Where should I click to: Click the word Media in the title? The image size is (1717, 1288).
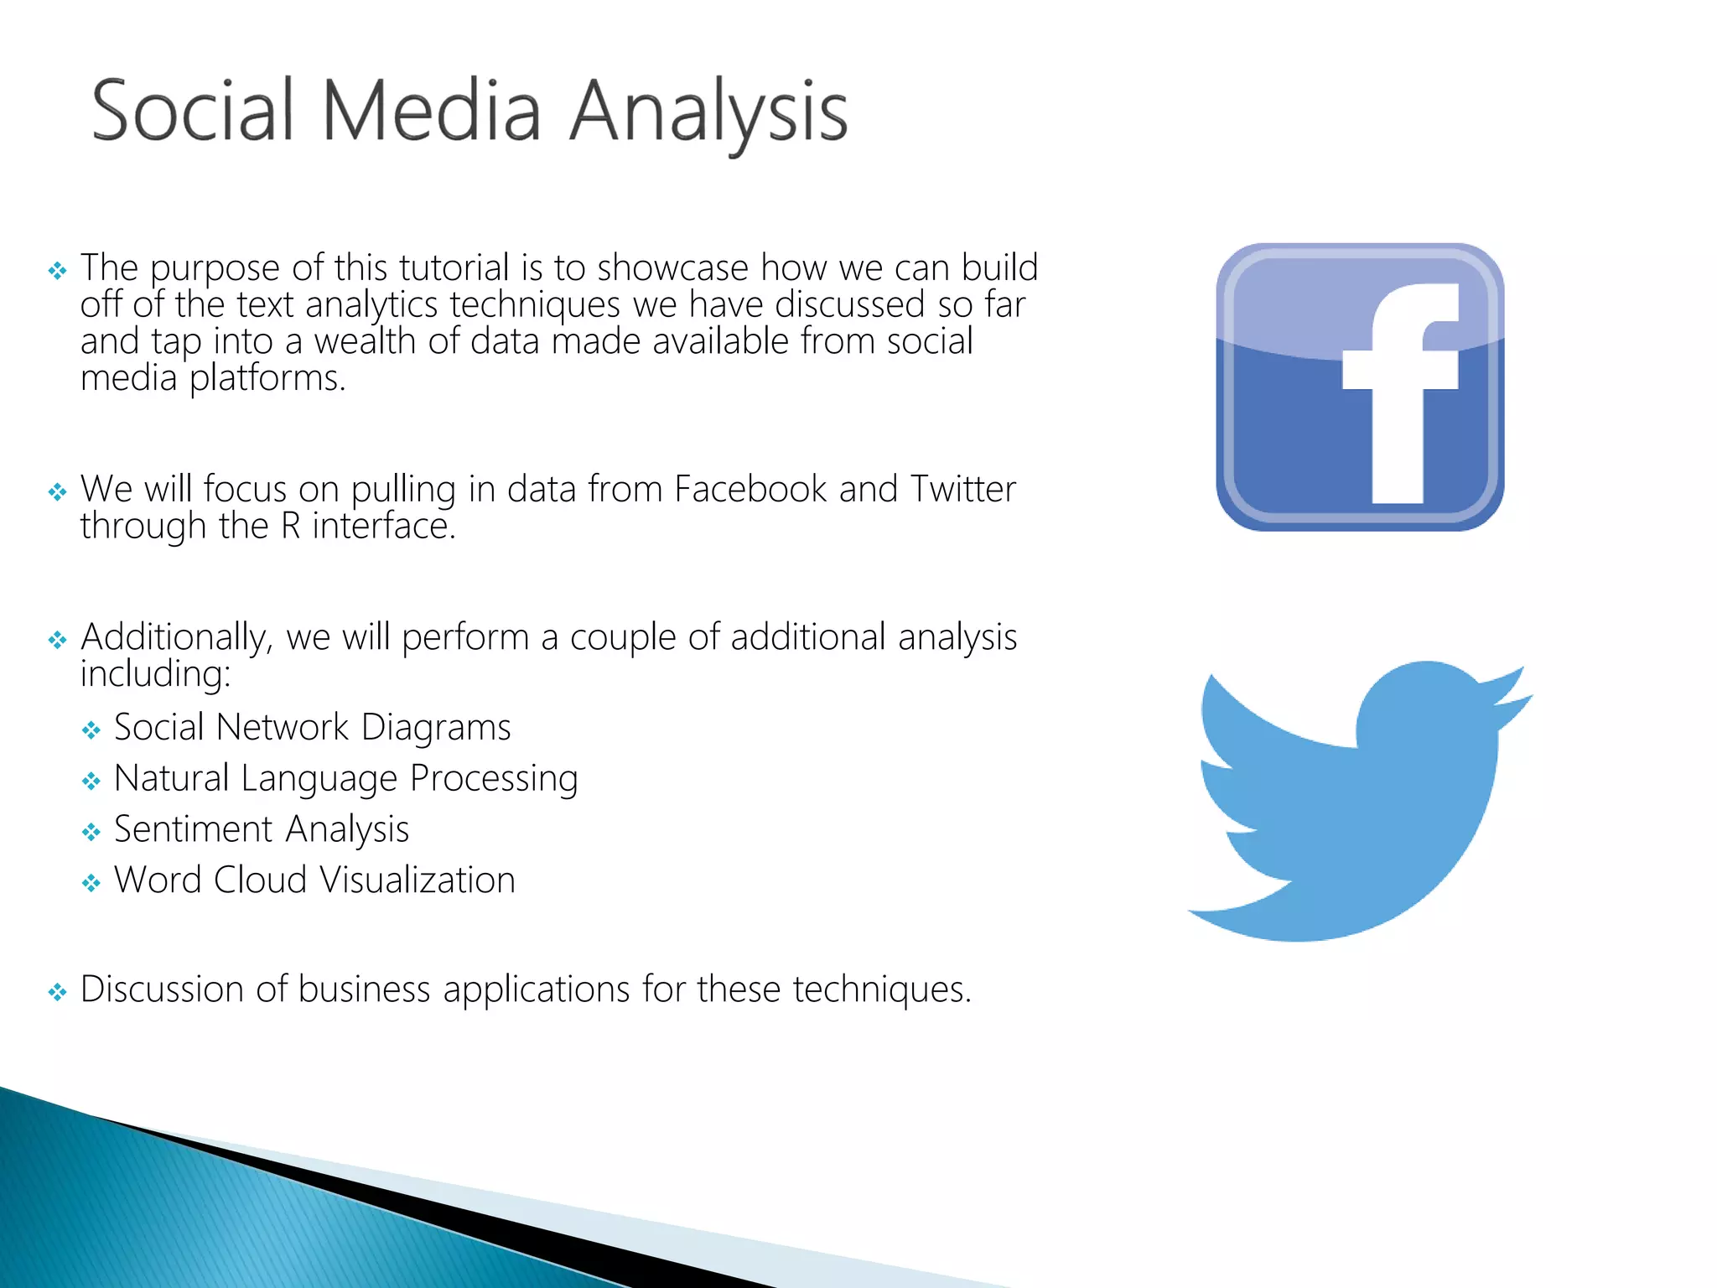point(431,110)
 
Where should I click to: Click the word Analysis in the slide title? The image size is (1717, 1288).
point(708,113)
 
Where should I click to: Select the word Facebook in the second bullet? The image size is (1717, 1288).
point(750,489)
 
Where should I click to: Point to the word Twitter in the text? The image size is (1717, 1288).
point(963,489)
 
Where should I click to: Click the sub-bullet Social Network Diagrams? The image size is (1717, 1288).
point(312,727)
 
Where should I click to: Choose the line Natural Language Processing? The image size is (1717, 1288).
point(345,778)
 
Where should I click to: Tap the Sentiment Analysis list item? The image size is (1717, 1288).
point(262,829)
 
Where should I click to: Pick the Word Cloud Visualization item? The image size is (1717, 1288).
point(314,880)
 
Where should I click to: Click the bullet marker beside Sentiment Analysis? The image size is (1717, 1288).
point(91,832)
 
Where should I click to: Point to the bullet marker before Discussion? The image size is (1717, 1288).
point(57,993)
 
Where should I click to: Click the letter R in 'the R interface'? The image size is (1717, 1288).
point(291,527)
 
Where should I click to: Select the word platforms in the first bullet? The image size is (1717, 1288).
point(267,379)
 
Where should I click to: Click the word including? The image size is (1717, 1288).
point(155,674)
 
